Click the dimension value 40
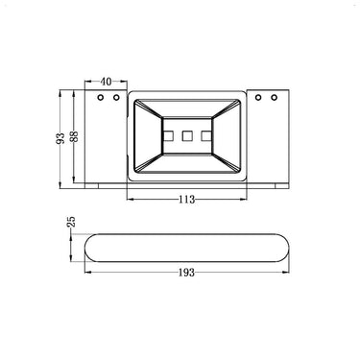107,82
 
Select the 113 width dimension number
187,200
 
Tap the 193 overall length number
186,273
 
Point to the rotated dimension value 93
60,138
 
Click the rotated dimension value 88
74,137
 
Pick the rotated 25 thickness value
72,222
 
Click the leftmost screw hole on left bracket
101,97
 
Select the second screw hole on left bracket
116,97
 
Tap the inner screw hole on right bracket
258,97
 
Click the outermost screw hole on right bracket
274,97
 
